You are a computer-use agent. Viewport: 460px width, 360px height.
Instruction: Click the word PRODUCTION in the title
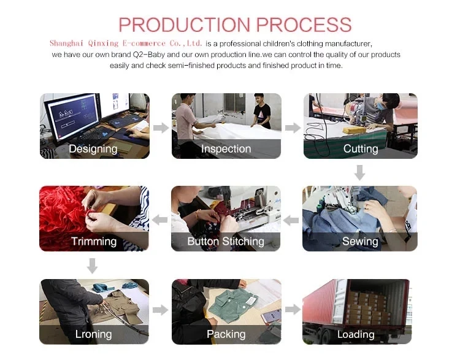coord(185,25)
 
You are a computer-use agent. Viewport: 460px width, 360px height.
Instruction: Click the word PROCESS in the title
coord(304,25)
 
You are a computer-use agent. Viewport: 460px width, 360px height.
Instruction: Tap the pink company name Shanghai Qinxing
coord(84,44)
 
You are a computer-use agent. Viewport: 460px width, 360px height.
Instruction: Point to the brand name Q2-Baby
coord(149,55)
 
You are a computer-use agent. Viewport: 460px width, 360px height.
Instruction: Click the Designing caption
coord(93,149)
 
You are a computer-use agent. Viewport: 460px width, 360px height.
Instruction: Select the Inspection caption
coord(226,149)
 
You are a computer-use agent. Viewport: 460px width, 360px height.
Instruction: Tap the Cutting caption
coord(361,149)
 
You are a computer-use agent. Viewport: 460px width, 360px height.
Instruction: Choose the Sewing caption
coord(360,241)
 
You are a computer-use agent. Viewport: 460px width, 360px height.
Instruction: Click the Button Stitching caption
coord(226,241)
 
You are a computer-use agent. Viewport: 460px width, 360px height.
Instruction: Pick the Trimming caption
coord(94,241)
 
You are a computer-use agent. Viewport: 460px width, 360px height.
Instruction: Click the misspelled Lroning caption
coord(93,334)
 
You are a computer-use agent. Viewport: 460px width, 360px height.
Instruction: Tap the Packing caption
coord(226,334)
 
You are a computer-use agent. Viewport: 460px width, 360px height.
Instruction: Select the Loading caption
coord(356,334)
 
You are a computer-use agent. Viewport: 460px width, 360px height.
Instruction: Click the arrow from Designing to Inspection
coord(161,128)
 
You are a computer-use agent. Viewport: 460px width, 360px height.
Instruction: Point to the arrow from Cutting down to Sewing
coord(359,172)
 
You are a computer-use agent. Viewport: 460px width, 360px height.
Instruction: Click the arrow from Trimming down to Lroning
coord(93,266)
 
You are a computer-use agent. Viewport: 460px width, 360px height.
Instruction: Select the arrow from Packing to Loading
coord(293,309)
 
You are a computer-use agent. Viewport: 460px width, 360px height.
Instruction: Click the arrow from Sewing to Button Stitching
coord(291,220)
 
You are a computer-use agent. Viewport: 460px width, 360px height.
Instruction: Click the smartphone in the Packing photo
coord(271,316)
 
